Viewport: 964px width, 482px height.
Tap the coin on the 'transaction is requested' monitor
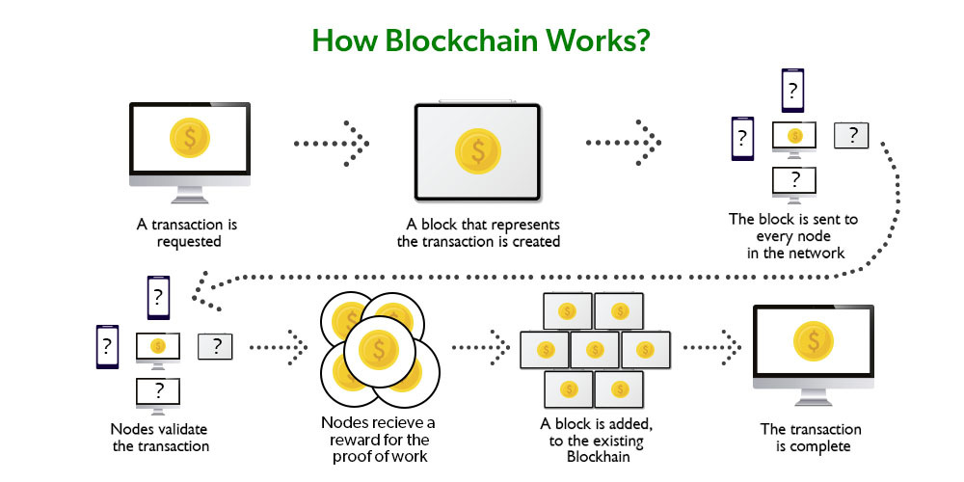[189, 138]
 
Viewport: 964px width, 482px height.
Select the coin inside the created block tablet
[477, 150]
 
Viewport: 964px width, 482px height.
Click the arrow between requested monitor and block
[332, 144]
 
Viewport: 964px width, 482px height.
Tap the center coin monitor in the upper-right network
[794, 136]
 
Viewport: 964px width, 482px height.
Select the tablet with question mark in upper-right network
[850, 135]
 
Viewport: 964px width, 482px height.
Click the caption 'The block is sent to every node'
[792, 228]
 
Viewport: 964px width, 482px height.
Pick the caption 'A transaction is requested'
[187, 232]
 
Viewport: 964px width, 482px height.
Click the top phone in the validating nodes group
[159, 298]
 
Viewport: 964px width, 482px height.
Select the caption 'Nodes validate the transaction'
[159, 437]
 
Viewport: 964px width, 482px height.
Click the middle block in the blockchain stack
[593, 349]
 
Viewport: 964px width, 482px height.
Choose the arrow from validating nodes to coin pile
[278, 344]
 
